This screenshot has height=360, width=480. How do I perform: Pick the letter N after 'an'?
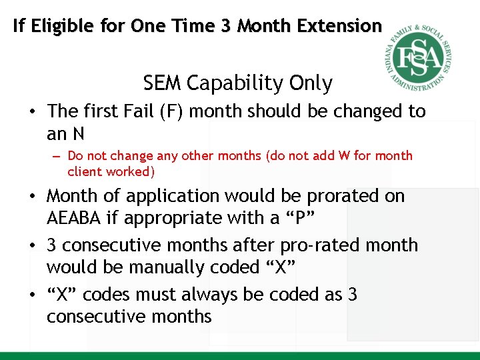coord(78,134)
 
